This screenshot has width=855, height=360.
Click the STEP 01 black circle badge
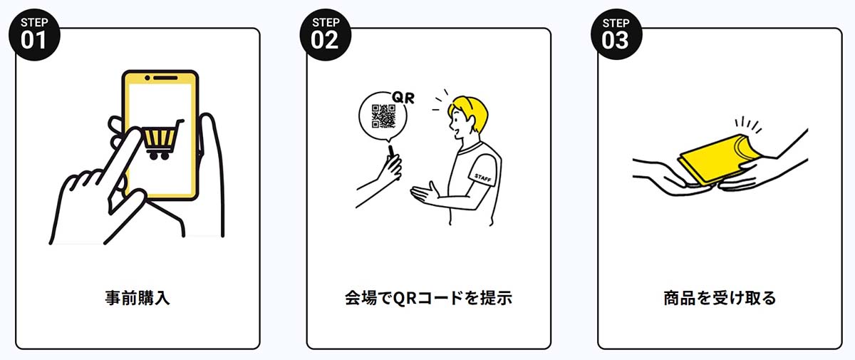click(33, 34)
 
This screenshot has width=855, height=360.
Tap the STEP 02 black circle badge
click(324, 34)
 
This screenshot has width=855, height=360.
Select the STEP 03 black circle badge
click(616, 34)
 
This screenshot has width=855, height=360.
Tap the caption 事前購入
click(137, 298)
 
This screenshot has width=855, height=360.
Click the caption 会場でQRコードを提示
click(427, 298)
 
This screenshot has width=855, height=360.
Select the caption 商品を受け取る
click(719, 298)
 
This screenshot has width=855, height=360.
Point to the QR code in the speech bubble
click(384, 115)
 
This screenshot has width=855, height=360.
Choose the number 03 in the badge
click(616, 41)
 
